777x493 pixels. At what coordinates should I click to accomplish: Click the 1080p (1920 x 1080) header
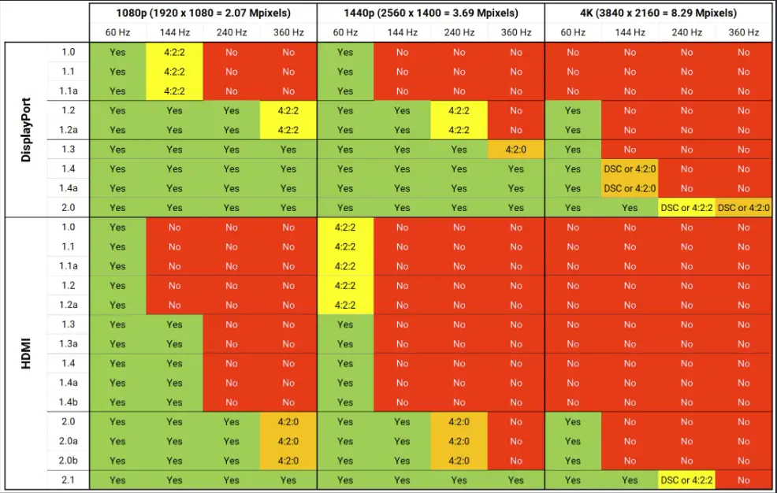pos(203,13)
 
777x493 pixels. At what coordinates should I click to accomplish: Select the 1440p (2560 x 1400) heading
pos(431,13)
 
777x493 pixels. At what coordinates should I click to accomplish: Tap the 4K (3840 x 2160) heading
pos(659,13)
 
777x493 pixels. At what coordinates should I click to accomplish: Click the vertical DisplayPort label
pos(26,130)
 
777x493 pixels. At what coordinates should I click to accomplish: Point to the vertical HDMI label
pos(26,354)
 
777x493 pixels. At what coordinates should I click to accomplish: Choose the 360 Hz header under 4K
pos(744,32)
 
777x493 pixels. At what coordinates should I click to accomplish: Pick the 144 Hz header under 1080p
pos(174,32)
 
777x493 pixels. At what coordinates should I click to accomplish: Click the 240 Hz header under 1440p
pos(459,32)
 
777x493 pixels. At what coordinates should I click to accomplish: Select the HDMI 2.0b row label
pos(69,461)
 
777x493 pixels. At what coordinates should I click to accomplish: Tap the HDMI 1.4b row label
pos(69,402)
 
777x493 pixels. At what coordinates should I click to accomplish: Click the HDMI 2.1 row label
pos(69,480)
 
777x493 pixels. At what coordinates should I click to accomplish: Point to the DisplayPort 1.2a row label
pos(69,130)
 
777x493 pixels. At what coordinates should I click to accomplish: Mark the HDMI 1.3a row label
pos(69,343)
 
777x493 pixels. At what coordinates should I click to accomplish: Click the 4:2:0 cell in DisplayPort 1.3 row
pos(516,150)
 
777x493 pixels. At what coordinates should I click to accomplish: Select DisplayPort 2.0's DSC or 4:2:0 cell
pos(744,208)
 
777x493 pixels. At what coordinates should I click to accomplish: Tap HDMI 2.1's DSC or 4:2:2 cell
pos(687,480)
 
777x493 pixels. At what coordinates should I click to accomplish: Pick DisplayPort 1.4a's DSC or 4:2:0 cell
pos(630,188)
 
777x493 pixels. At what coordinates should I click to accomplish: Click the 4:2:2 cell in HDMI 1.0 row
pos(345,228)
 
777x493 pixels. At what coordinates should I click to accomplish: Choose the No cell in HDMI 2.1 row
pos(744,480)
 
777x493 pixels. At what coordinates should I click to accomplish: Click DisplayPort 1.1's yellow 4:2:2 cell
pos(174,72)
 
